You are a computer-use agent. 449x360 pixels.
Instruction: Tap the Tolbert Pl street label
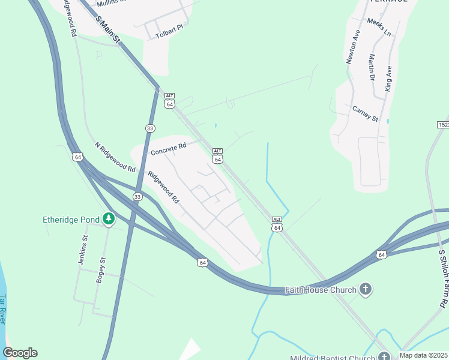[169, 35]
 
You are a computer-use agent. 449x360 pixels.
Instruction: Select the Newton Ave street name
[352, 47]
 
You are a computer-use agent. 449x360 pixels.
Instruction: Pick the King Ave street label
[388, 77]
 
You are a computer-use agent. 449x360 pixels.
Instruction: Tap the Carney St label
[365, 113]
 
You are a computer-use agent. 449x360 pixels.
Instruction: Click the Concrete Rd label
[169, 148]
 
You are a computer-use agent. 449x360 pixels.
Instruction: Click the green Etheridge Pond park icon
[109, 219]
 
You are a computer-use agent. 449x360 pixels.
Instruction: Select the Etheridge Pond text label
[70, 220]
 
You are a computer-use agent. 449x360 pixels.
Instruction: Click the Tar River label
[4, 309]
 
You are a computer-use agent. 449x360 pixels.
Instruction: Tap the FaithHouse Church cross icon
[366, 290]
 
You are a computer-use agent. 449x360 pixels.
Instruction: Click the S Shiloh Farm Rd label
[443, 278]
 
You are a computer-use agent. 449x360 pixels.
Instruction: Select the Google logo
[20, 352]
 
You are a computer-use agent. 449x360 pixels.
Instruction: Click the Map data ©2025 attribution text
[424, 355]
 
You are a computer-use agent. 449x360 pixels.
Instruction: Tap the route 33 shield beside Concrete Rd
[150, 128]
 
